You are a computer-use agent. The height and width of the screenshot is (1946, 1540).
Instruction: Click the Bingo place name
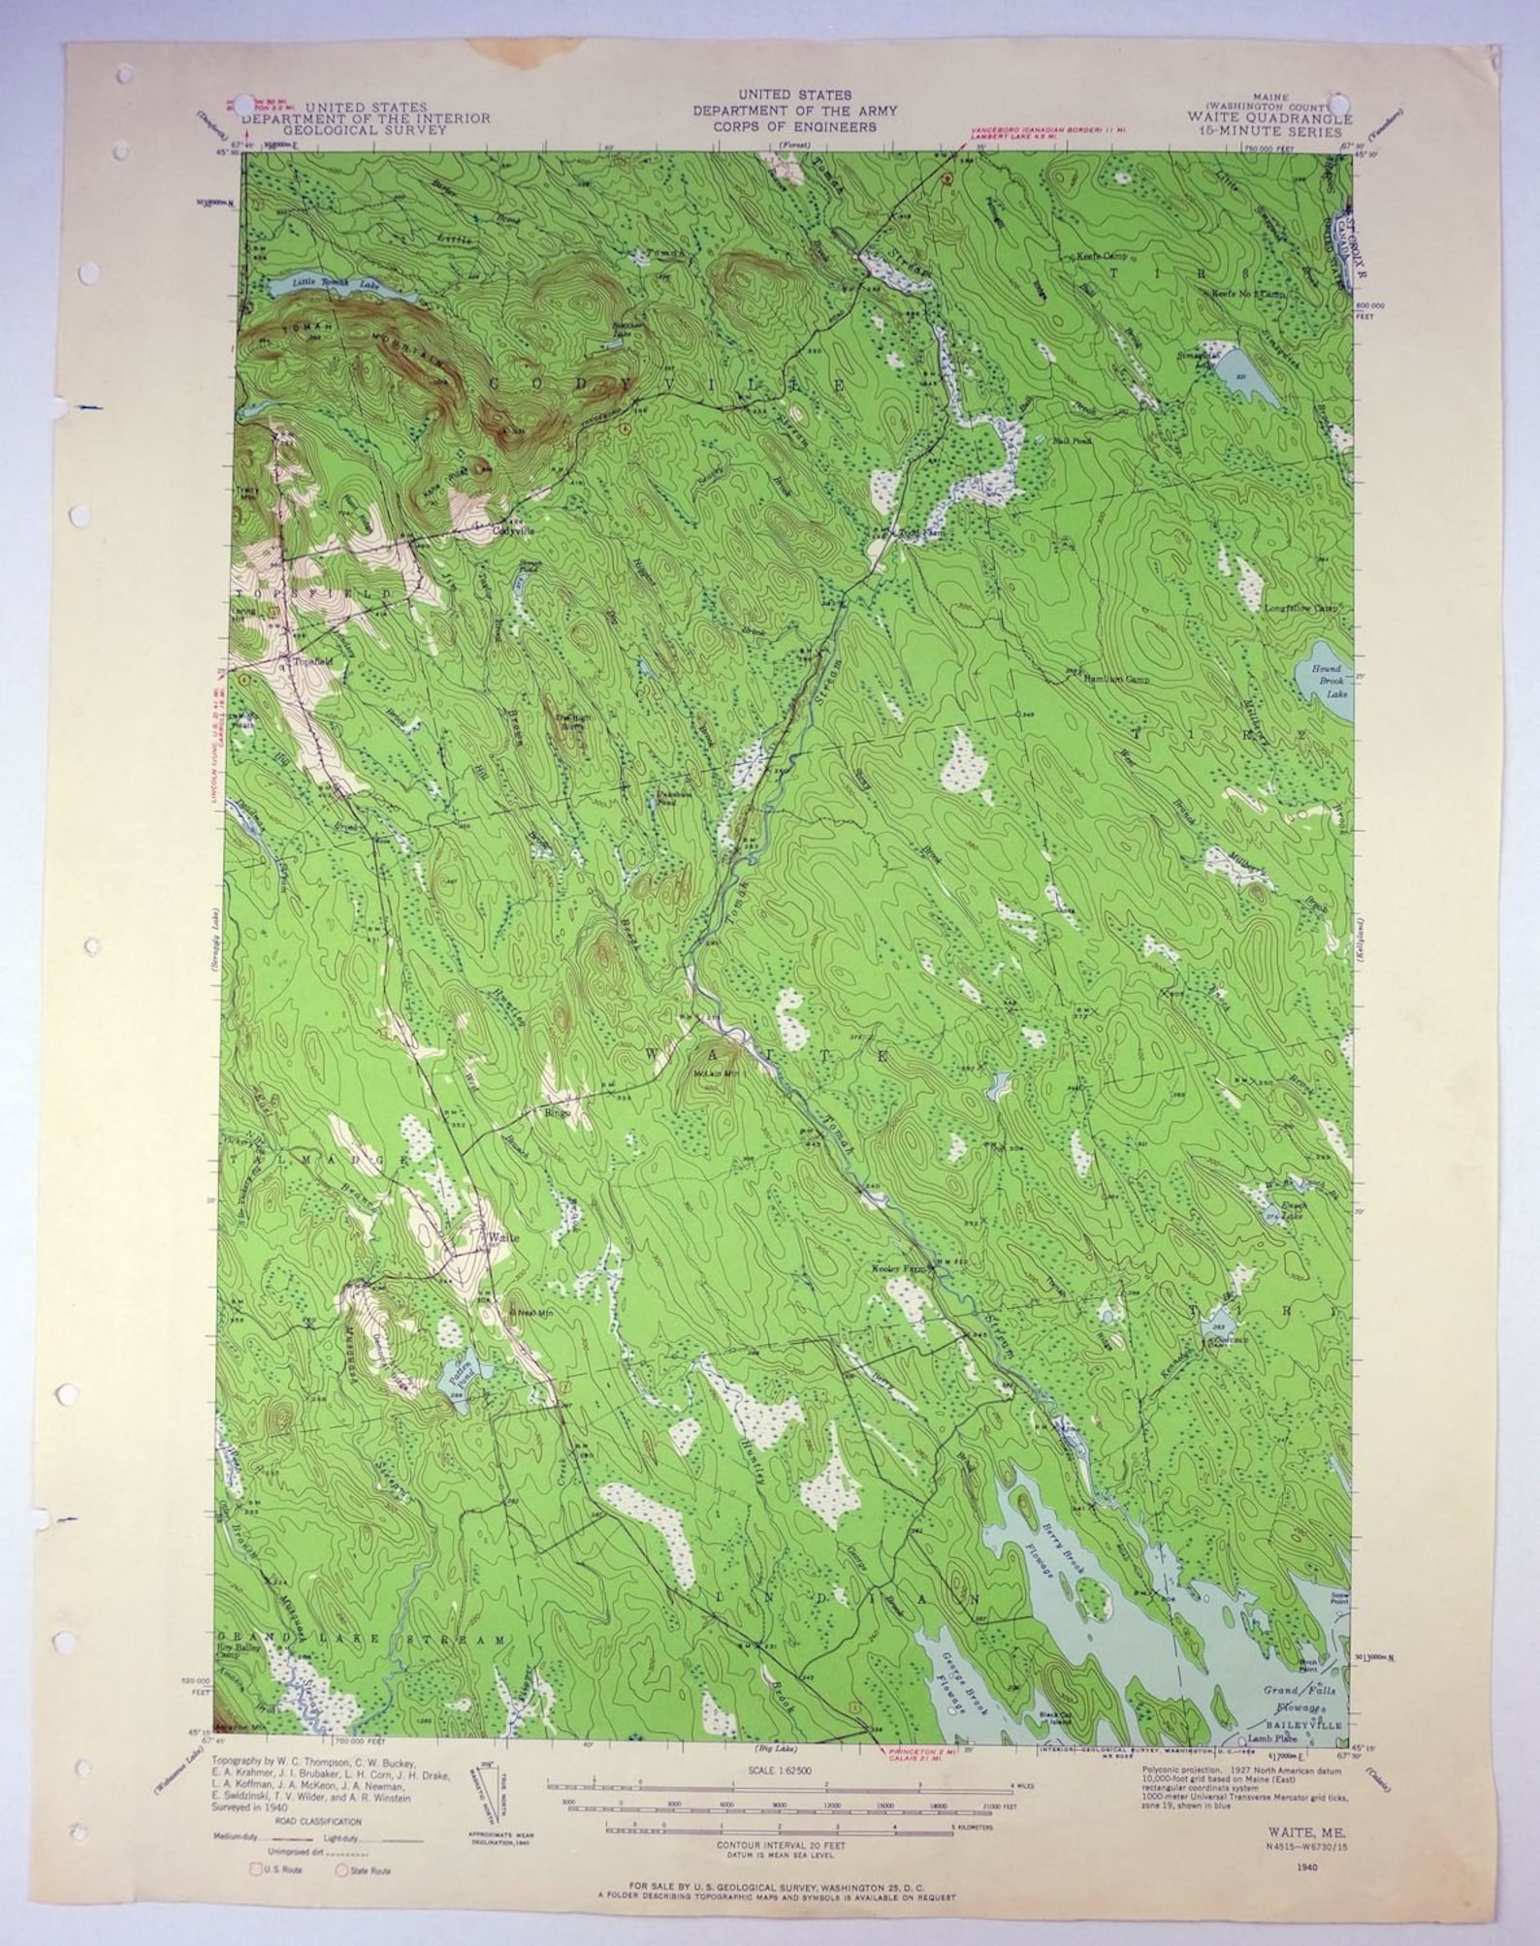(x=558, y=1112)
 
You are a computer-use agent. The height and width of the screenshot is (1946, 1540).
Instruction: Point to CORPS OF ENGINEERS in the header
(x=794, y=127)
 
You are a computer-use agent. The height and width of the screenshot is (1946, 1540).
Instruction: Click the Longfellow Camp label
(x=1300, y=609)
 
